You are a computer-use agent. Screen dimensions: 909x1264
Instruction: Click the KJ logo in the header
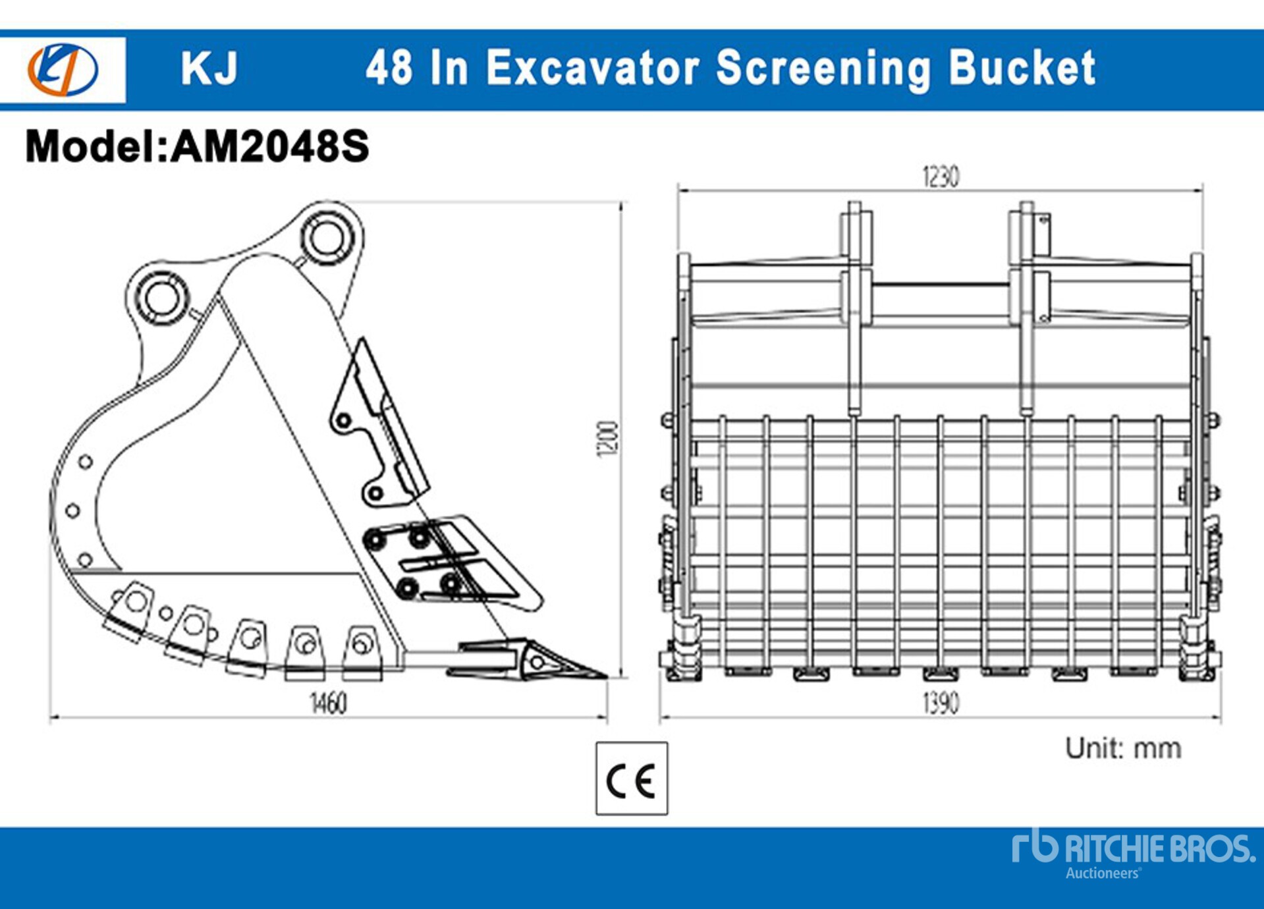pyautogui.click(x=63, y=69)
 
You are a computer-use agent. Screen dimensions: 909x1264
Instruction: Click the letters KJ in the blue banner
pyautogui.click(x=209, y=68)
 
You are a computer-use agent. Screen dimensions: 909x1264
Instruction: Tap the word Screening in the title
pyautogui.click(x=823, y=68)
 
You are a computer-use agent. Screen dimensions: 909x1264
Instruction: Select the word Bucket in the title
pyautogui.click(x=1022, y=68)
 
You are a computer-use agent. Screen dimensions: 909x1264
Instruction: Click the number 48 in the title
pyautogui.click(x=389, y=68)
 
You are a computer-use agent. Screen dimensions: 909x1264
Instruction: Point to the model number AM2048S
pyautogui.click(x=270, y=146)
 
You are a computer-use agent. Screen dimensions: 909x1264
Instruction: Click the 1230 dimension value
pyautogui.click(x=940, y=177)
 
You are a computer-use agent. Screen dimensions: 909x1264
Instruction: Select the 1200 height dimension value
pyautogui.click(x=607, y=438)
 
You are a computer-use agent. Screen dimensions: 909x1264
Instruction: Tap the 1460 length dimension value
pyautogui.click(x=328, y=703)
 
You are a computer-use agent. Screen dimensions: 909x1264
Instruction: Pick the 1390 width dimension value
pyautogui.click(x=940, y=703)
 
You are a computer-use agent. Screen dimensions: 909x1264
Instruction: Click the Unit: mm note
pyautogui.click(x=1123, y=748)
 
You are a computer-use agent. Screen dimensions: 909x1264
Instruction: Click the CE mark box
pyautogui.click(x=631, y=779)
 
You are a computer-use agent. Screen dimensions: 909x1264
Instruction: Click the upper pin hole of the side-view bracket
pyautogui.click(x=327, y=237)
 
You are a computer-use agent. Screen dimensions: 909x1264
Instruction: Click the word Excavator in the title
pyautogui.click(x=591, y=68)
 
